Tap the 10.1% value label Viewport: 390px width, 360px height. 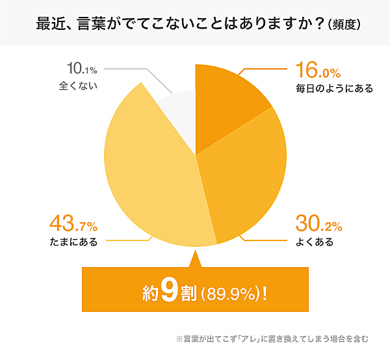83,69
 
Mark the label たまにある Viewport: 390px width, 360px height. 73,243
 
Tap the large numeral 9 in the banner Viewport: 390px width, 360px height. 168,290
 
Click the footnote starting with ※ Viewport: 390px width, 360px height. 272,339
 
